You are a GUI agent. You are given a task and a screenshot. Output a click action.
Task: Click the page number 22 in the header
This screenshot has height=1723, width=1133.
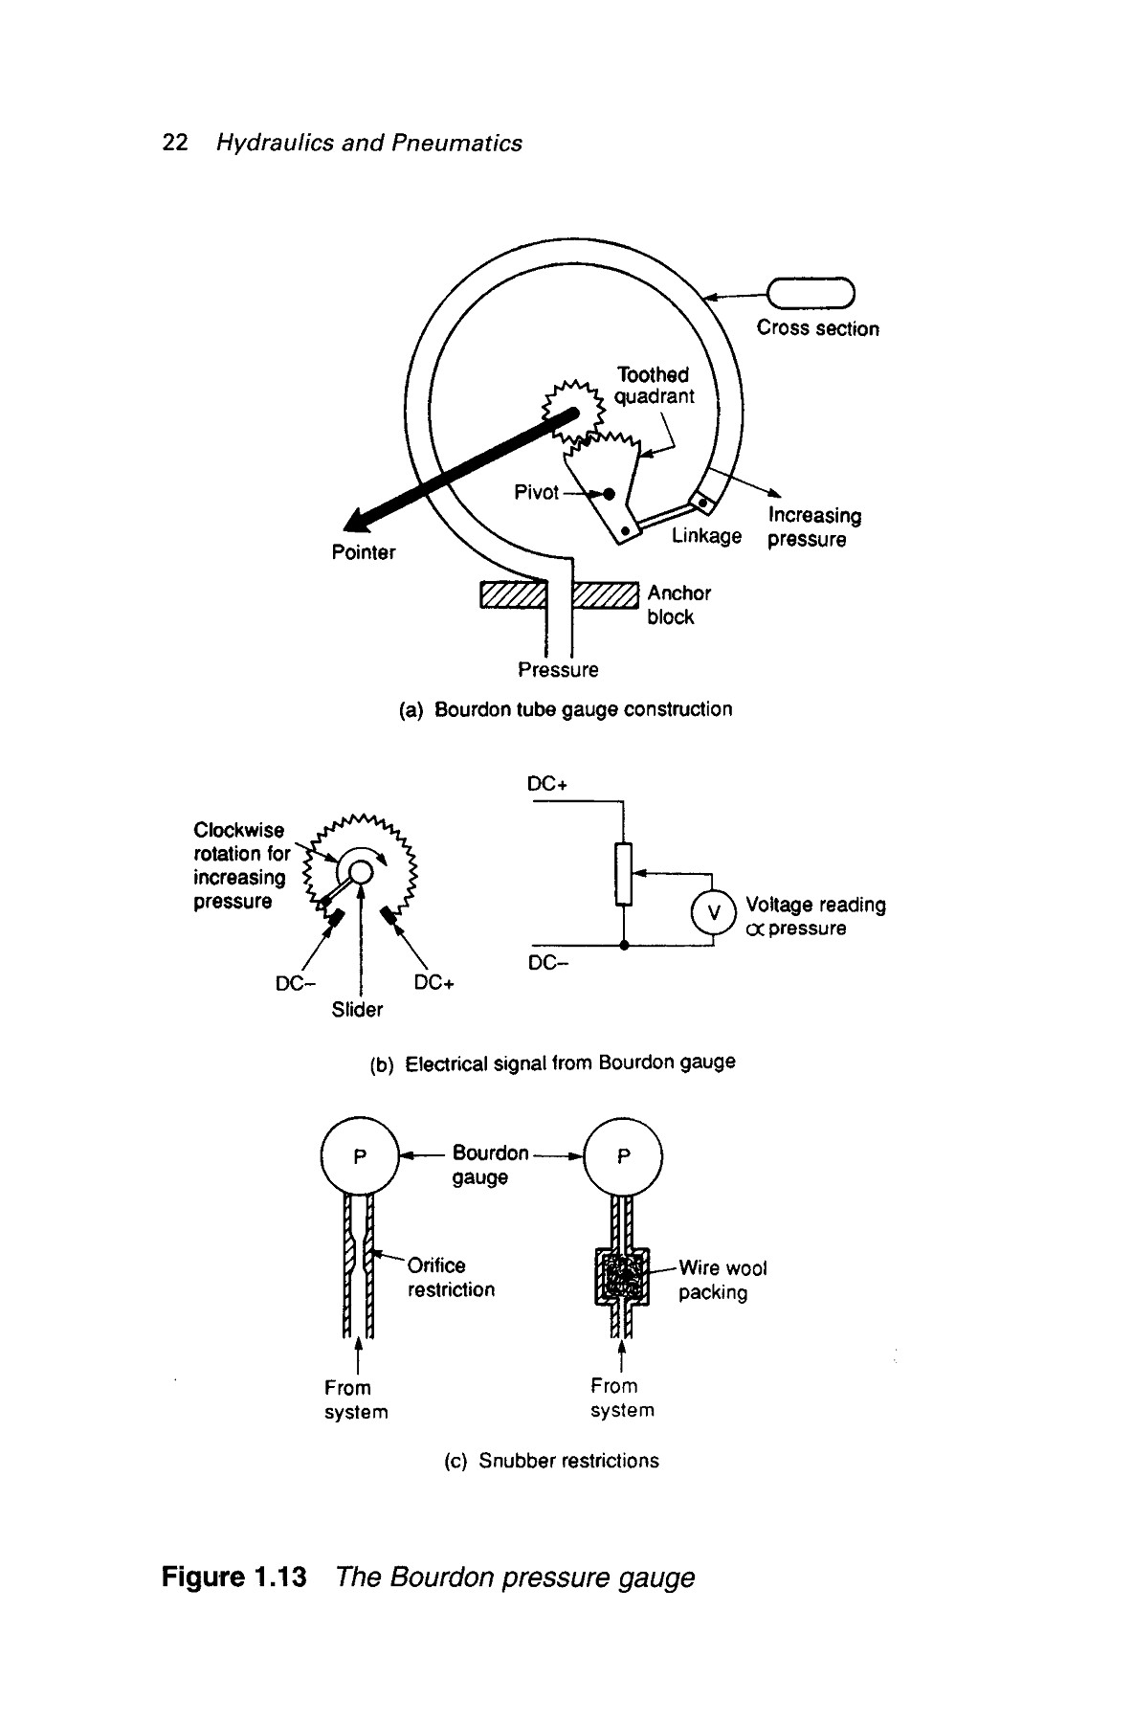(175, 144)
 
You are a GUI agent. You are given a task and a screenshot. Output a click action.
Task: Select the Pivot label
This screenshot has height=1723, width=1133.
(536, 492)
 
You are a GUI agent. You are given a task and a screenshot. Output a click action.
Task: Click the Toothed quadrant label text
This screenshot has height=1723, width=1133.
(654, 386)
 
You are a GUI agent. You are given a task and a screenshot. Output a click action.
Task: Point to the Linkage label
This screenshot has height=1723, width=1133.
(706, 535)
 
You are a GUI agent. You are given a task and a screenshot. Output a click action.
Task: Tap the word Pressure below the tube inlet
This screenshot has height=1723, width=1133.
(558, 670)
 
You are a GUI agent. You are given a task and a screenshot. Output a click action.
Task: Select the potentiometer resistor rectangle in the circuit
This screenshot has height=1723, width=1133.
(624, 873)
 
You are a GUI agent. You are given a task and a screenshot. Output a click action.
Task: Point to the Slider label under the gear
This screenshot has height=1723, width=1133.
(357, 1010)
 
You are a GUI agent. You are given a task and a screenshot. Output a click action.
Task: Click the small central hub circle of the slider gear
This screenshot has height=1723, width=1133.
(360, 871)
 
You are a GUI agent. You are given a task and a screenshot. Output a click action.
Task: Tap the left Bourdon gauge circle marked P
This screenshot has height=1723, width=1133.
(359, 1156)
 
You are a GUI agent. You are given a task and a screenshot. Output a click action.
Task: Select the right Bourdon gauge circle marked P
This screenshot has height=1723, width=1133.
(623, 1156)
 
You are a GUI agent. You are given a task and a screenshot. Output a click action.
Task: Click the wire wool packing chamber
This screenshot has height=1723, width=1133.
(623, 1276)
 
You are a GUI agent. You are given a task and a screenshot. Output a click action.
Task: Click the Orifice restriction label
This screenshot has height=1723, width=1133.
(451, 1278)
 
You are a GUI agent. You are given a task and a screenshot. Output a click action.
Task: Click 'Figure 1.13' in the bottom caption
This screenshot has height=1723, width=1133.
(234, 1578)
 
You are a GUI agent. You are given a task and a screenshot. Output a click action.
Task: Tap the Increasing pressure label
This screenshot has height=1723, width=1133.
(814, 527)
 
